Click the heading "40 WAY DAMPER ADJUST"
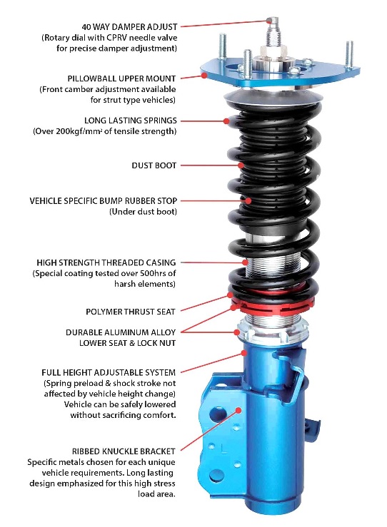tap(129, 26)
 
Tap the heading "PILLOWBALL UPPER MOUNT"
tap(121, 78)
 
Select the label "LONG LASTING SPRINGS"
tap(130, 121)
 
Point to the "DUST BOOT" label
tap(154, 165)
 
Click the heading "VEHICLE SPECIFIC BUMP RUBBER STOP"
tap(104, 200)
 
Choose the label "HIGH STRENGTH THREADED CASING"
tap(106, 262)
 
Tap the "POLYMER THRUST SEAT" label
tap(131, 312)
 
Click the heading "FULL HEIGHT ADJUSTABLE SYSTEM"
tap(109, 372)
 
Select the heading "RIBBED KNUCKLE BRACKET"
tap(124, 451)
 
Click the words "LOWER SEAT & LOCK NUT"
tap(127, 343)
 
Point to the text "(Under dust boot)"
tap(143, 211)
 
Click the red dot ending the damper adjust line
tap(269, 21)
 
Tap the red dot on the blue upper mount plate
tap(204, 76)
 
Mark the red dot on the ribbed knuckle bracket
tap(238, 410)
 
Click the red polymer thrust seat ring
tap(273, 305)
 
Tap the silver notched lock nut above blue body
tap(273, 331)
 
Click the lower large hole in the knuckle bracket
tap(216, 476)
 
